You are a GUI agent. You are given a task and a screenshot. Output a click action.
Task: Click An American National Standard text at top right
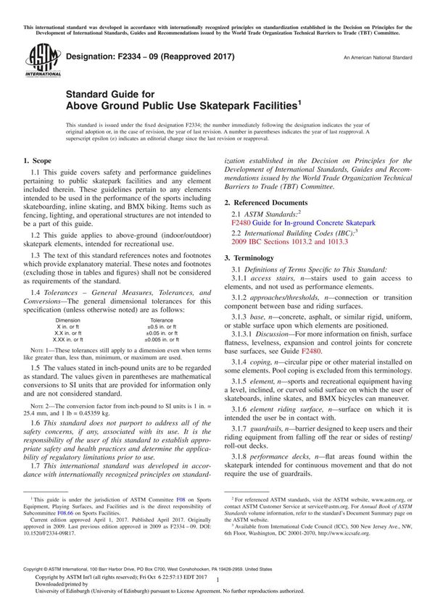pyautogui.click(x=378, y=57)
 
